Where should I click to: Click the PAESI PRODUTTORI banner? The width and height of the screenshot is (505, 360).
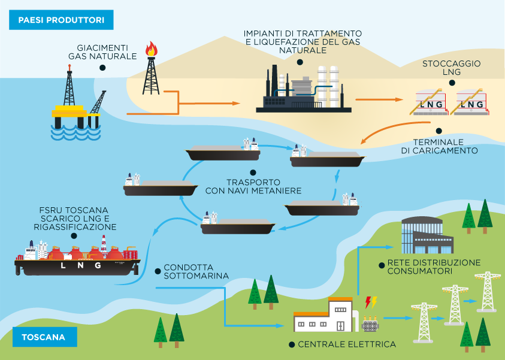pos(61,20)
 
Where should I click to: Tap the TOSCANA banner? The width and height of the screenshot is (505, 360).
pos(43,337)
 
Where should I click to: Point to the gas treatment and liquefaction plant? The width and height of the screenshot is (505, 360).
pos(303,90)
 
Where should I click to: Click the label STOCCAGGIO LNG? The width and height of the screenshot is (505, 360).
pos(451,68)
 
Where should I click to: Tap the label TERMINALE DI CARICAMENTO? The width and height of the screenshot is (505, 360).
pos(439,146)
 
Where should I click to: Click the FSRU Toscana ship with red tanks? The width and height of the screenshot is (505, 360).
pos(77,258)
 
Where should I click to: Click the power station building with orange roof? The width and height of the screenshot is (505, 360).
pos(323,314)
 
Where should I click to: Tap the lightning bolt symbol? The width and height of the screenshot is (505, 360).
pos(370,302)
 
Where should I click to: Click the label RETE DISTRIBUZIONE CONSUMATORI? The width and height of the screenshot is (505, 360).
pos(434,267)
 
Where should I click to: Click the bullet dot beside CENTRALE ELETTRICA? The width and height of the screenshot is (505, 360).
pos(292,344)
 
